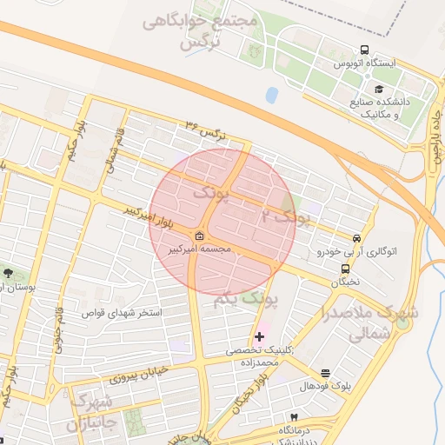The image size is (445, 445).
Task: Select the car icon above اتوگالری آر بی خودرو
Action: (357, 237)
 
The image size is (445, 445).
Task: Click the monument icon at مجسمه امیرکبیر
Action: (200, 236)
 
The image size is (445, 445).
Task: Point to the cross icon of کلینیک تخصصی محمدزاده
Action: (259, 335)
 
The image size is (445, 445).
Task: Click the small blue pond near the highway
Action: (272, 94)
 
